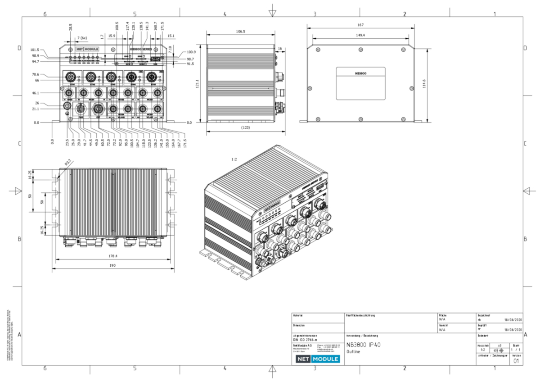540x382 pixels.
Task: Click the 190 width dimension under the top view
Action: [112, 265]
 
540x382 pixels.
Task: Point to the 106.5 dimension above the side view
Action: [241, 32]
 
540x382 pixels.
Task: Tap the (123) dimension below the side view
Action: [246, 128]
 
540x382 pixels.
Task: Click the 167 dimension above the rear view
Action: [361, 25]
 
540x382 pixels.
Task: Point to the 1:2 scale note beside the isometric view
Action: [234, 159]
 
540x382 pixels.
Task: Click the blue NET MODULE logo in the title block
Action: [318, 359]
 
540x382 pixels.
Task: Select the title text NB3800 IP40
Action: [363, 345]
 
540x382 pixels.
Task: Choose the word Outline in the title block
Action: [353, 352]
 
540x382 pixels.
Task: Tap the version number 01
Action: [516, 361]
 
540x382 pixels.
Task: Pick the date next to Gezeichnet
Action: [513, 319]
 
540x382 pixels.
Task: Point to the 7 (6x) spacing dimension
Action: [82, 38]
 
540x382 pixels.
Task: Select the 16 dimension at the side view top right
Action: [280, 48]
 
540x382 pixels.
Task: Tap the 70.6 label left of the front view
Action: [35, 74]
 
